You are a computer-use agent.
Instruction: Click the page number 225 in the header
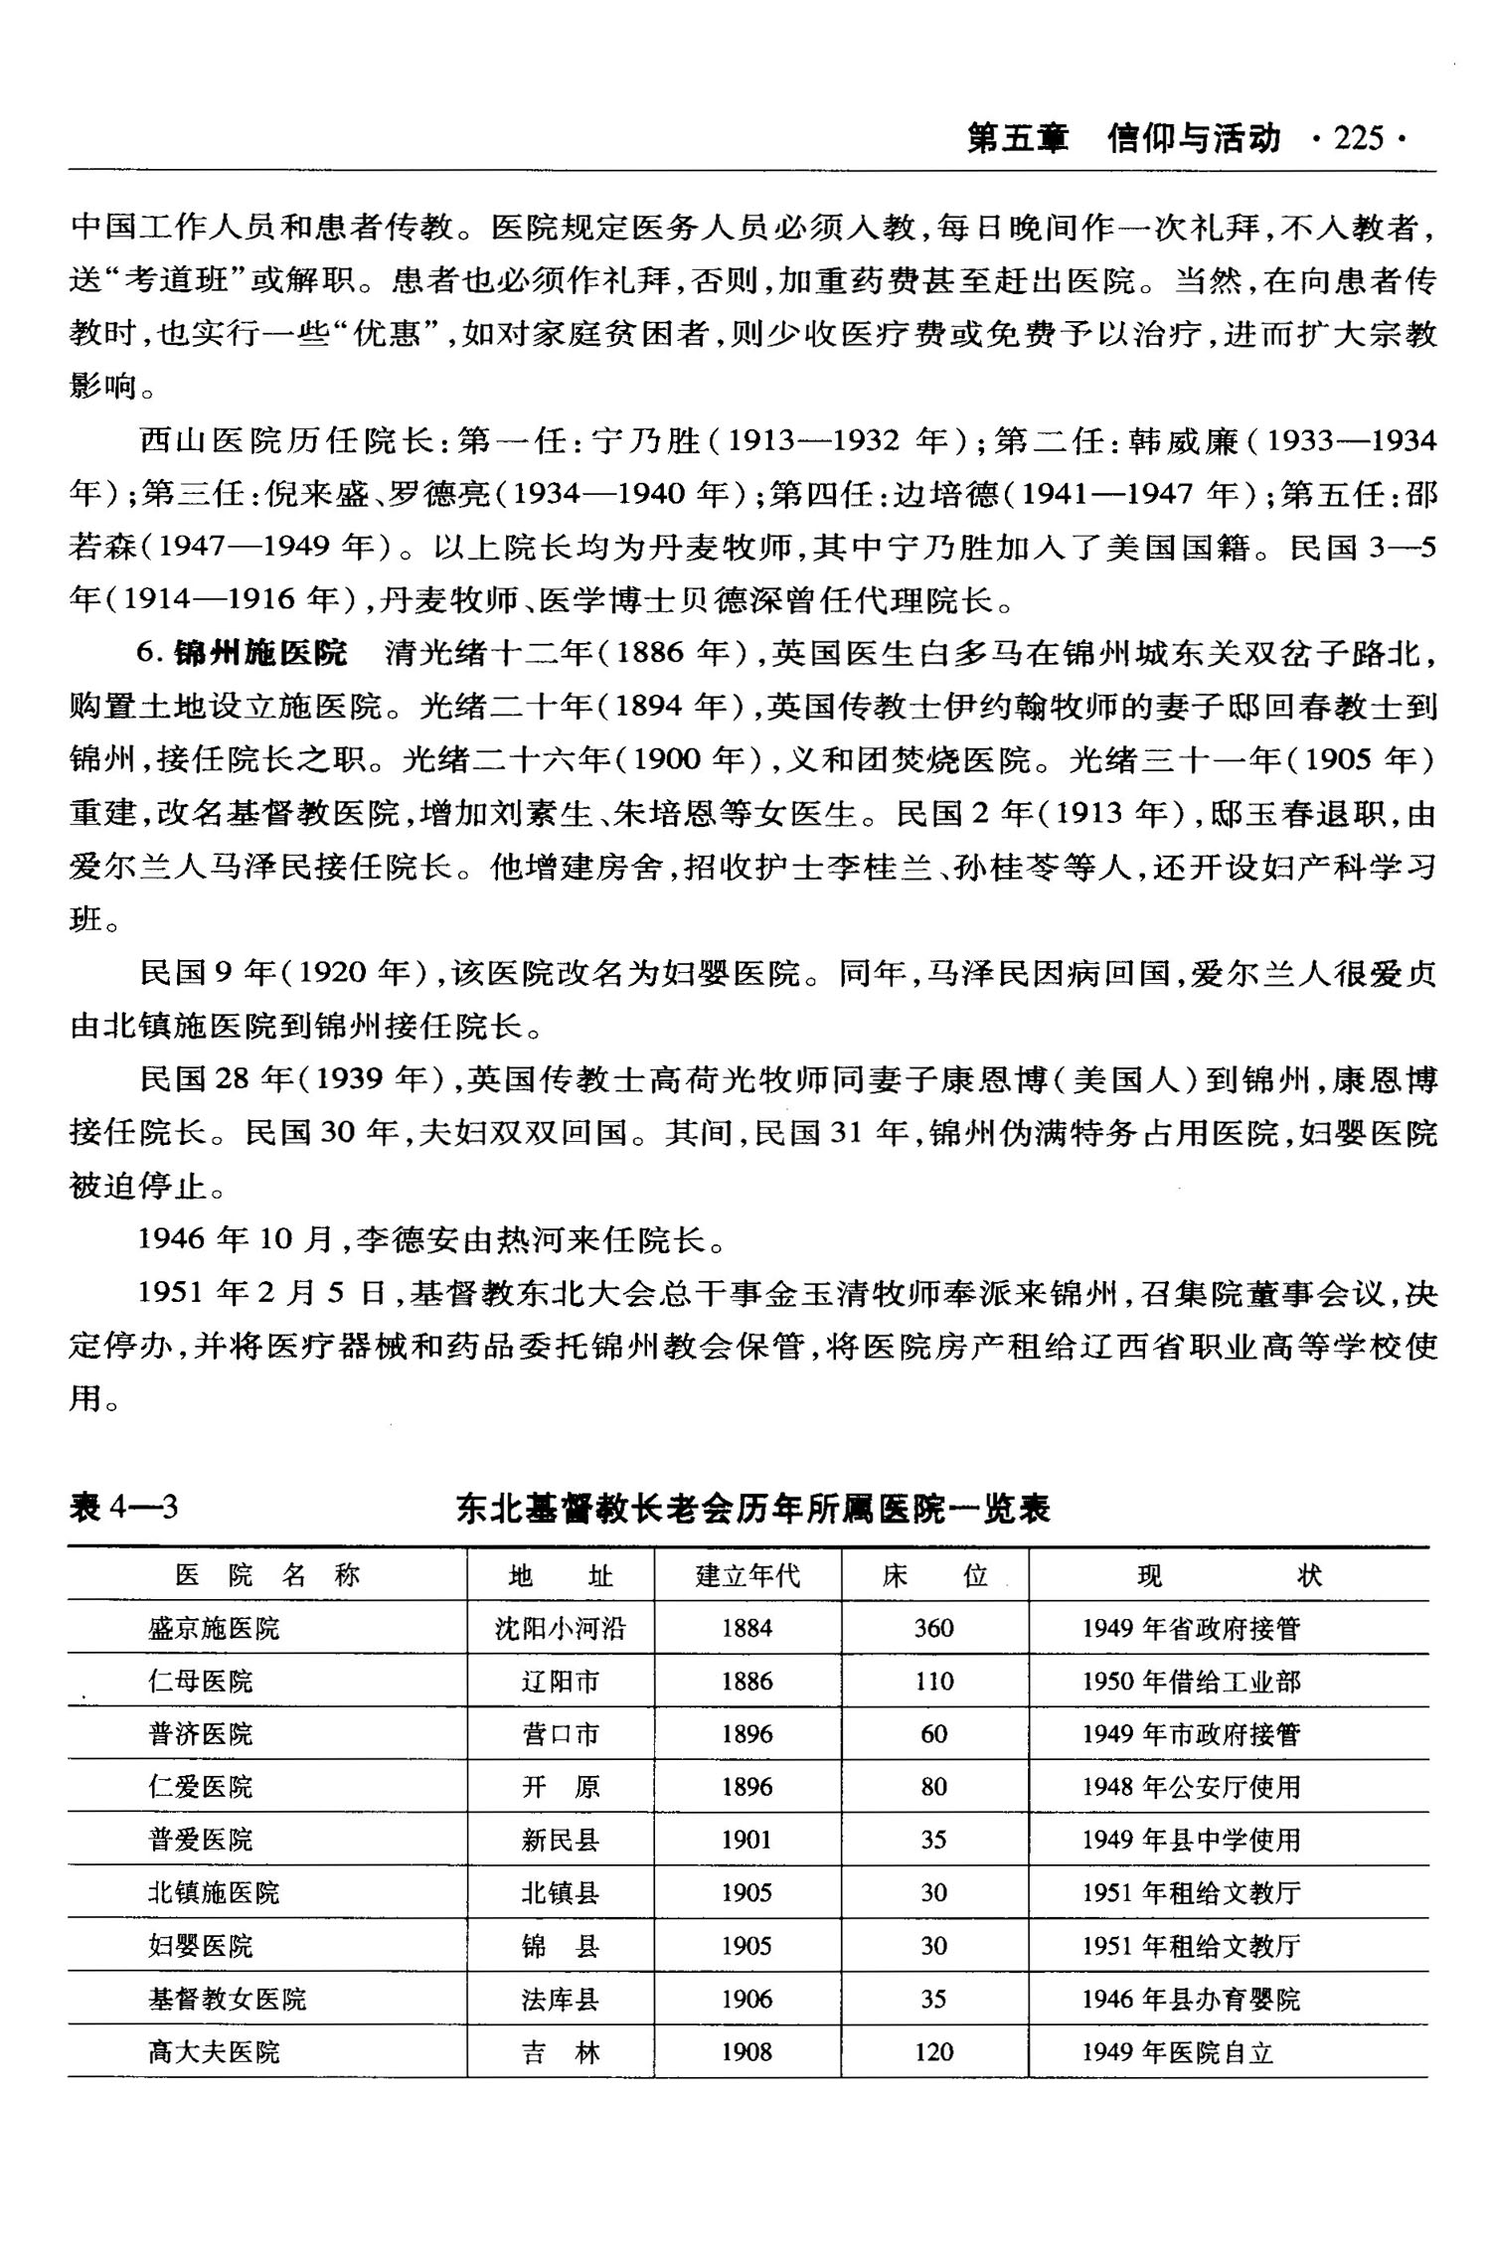pos(1359,138)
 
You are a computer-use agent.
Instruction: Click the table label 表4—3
pos(124,1508)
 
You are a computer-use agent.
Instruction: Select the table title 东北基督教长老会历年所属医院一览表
pos(752,1509)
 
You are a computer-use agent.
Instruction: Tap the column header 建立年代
pos(747,1575)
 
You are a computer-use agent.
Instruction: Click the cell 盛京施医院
pos(214,1628)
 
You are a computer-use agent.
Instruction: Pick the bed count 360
pos(933,1628)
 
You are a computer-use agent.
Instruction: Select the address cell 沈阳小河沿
pos(561,1628)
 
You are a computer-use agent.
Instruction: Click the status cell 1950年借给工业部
pos(1191,1682)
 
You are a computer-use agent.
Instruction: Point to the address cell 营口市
pos(561,1734)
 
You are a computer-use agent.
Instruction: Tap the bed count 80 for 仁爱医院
pos(933,1787)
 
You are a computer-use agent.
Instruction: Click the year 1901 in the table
pos(747,1840)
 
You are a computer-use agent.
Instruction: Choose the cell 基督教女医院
pos(227,1999)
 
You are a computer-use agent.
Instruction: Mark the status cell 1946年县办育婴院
pos(1191,1999)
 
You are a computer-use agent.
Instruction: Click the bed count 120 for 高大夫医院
pos(933,2052)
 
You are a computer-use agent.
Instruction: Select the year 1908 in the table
pos(747,2052)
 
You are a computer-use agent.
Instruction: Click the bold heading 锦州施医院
pos(260,653)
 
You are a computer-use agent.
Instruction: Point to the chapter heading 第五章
pos(1017,138)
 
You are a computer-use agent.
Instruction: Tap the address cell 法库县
pos(561,1999)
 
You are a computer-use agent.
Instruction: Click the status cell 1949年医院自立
pos(1178,2052)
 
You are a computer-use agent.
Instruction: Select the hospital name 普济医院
pos(201,1734)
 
